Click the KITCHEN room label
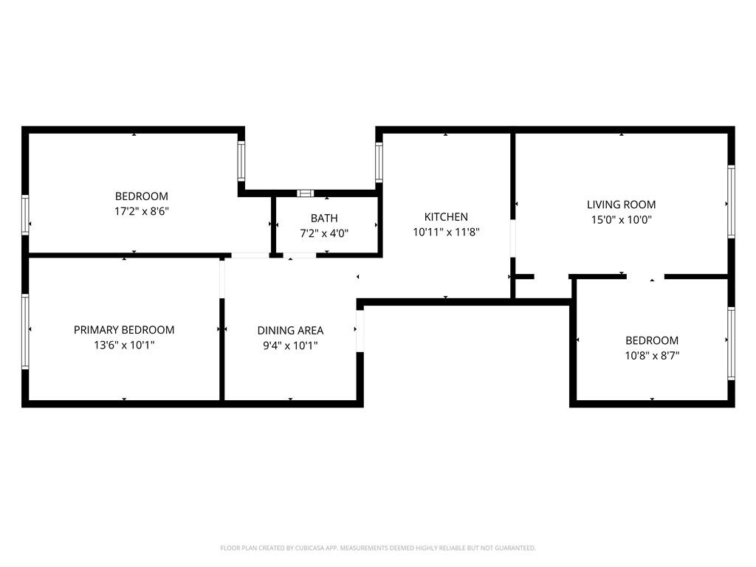pos(446,217)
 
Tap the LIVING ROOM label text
pos(621,205)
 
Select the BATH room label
pos(324,218)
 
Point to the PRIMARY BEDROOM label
pos(124,330)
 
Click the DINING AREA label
pos(290,331)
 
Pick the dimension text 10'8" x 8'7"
pos(652,355)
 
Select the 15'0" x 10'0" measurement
pos(621,219)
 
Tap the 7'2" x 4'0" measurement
pos(324,233)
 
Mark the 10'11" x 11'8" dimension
pos(446,232)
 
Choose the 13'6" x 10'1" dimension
pos(124,345)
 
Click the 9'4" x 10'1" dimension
pos(290,346)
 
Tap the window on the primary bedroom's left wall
pos(26,331)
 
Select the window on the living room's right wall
pos(731,201)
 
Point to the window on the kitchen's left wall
pos(379,162)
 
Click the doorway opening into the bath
pos(300,255)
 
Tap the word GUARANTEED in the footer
pos(513,548)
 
